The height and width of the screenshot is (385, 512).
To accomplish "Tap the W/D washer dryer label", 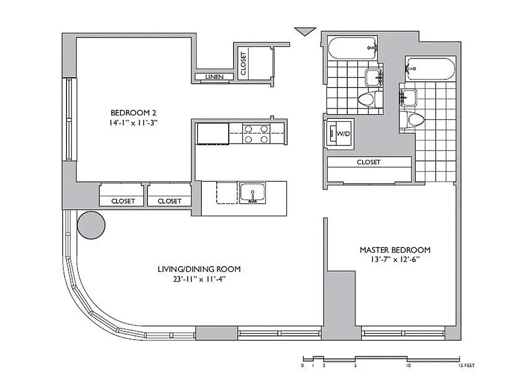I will point(343,133).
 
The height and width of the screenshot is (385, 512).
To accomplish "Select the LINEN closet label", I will point(214,77).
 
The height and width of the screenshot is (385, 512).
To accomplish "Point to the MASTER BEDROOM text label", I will point(395,250).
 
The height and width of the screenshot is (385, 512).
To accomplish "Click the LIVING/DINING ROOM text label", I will point(199,269).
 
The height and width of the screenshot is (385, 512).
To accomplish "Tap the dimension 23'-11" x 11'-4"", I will point(199,279).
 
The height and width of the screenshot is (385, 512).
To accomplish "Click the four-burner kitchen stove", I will point(256,134).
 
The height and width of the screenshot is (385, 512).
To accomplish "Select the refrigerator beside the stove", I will point(212,133).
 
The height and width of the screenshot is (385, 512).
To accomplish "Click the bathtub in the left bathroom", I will point(353,50).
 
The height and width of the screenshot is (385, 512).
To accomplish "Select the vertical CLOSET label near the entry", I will point(243,64).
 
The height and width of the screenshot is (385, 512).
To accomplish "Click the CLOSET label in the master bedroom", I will point(368,163).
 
